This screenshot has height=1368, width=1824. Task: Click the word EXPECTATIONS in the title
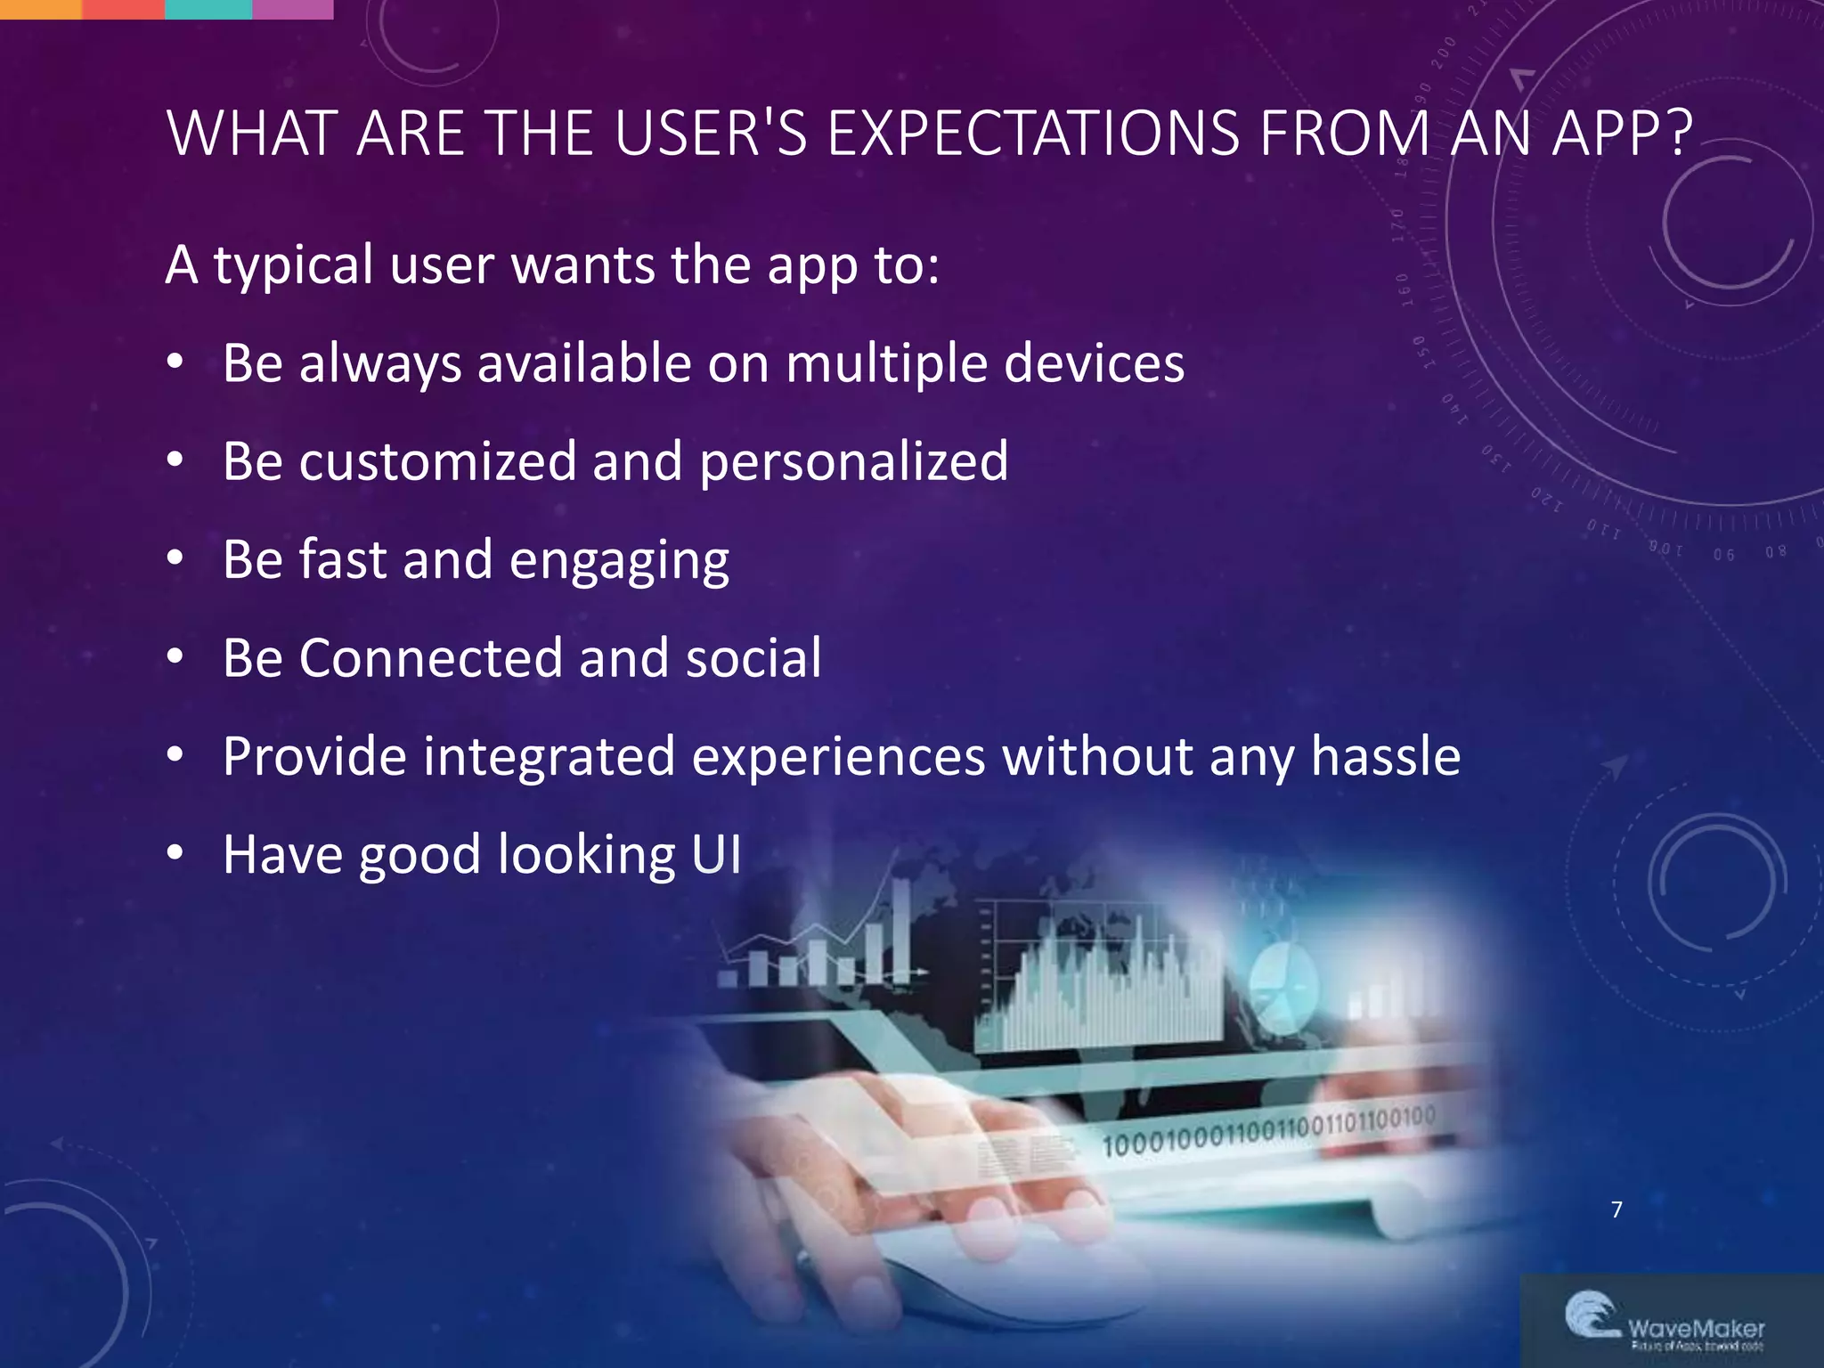coord(1033,134)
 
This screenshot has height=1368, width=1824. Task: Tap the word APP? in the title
coord(1621,134)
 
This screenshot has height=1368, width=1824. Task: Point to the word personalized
coord(853,463)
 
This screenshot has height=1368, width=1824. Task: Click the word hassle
coord(1385,756)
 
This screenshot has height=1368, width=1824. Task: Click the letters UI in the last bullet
coord(716,855)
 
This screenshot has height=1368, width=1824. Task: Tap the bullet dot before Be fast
coord(175,558)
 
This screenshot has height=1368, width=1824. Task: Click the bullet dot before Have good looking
coord(175,853)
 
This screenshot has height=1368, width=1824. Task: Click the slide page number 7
coord(1616,1209)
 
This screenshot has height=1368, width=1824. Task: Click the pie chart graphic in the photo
coord(1282,984)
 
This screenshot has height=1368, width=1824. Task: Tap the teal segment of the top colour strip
coord(208,9)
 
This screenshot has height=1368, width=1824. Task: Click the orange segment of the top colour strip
coord(40,9)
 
